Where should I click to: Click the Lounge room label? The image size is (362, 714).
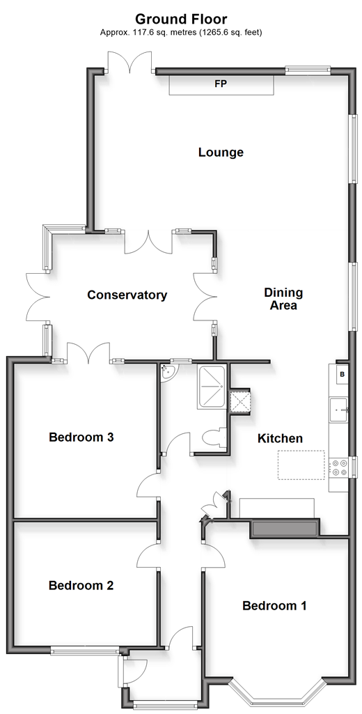(221, 153)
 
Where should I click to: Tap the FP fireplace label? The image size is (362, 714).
(221, 84)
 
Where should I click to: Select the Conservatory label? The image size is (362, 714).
(127, 295)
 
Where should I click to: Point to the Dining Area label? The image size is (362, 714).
(283, 299)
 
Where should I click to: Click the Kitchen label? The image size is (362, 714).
(280, 439)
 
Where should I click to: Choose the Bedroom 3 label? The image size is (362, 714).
(81, 437)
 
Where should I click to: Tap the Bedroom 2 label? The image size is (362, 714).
(81, 586)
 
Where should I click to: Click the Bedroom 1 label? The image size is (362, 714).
(274, 606)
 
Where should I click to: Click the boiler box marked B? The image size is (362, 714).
(343, 375)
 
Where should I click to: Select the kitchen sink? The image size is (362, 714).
(339, 410)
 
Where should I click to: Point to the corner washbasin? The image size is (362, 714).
(168, 371)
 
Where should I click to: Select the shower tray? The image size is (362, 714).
(211, 387)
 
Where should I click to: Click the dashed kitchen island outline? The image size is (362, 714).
(302, 465)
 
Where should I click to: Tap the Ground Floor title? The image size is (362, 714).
(181, 19)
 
